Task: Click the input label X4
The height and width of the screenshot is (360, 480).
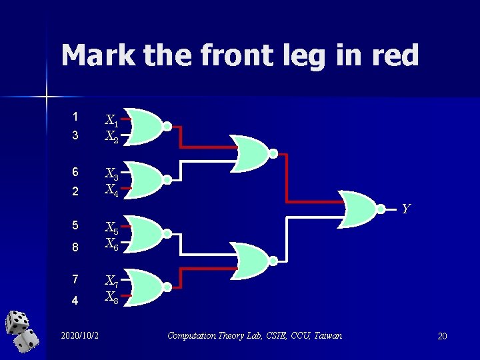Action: tap(111, 190)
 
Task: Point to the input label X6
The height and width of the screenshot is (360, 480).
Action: tap(111, 245)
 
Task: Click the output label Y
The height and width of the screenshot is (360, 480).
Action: tap(405, 209)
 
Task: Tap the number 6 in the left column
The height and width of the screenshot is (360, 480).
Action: tap(75, 172)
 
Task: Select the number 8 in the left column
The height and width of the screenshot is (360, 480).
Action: tap(75, 247)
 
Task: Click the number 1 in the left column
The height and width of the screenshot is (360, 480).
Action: tap(75, 116)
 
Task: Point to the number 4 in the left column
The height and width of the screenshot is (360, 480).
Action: tap(75, 301)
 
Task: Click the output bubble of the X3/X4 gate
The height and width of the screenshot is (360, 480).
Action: tap(167, 179)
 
